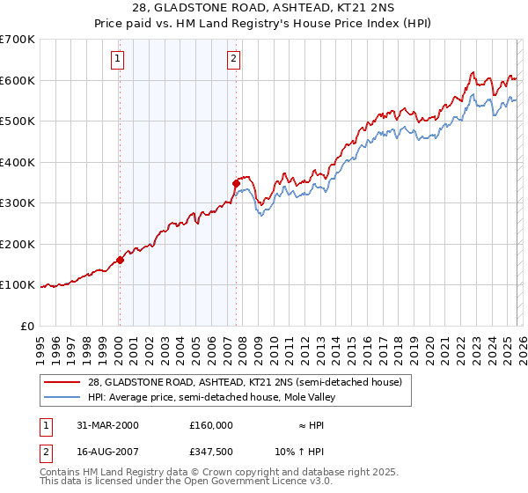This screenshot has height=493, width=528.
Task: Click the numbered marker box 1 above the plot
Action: (x=118, y=60)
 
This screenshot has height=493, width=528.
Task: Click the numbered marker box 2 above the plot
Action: (x=233, y=60)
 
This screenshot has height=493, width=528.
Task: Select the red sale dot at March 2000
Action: (x=121, y=260)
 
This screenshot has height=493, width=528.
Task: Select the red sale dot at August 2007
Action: (x=236, y=183)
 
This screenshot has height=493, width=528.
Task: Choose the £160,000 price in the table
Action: (x=212, y=424)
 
